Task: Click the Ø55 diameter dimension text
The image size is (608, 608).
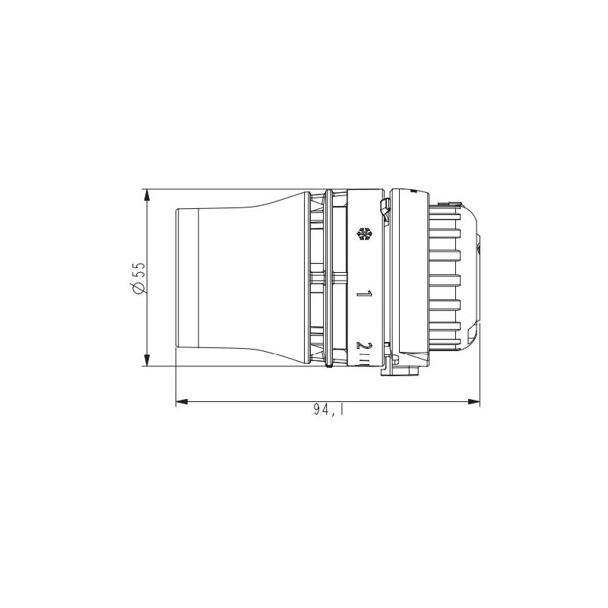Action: pos(138,277)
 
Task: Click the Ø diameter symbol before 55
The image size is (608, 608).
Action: pos(138,287)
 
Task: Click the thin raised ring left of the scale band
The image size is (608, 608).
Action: pos(328,277)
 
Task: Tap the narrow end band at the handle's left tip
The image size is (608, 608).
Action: pos(187,277)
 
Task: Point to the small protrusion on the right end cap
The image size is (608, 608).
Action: pos(479,248)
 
